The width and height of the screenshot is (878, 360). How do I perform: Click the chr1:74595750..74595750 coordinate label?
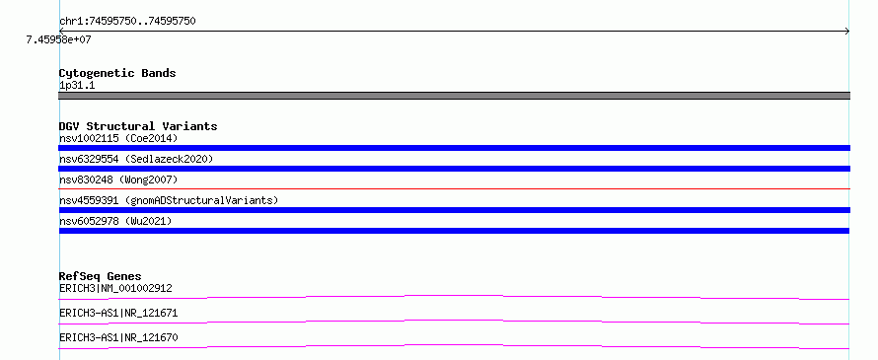[127, 22]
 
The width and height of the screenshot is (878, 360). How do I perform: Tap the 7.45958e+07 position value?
[59, 39]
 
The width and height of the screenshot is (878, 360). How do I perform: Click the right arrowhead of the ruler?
[847, 32]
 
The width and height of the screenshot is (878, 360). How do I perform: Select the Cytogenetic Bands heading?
[117, 73]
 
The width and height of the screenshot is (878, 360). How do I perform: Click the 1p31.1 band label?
[77, 85]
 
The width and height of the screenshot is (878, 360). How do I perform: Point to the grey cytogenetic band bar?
[454, 96]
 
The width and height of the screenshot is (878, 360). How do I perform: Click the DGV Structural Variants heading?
[138, 126]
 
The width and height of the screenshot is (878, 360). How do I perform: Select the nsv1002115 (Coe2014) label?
[118, 138]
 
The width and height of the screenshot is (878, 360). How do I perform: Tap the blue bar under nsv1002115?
[454, 148]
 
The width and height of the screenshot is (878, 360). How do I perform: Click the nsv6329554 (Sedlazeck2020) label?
[136, 159]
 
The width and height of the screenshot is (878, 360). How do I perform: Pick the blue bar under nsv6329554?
[454, 169]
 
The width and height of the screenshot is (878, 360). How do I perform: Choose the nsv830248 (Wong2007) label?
[118, 180]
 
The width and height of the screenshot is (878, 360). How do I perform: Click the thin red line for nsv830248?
[454, 188]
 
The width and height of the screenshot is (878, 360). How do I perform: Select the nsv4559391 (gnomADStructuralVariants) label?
[169, 200]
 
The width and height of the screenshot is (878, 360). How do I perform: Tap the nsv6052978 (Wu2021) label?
[115, 221]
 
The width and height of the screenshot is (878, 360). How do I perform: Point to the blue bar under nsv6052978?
[454, 231]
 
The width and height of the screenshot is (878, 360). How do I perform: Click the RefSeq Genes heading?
[101, 276]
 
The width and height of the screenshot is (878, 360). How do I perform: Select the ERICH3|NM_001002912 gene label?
[115, 288]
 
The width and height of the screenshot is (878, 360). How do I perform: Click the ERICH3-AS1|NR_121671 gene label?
[118, 313]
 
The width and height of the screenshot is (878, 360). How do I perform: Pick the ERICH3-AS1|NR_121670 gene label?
[118, 337]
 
